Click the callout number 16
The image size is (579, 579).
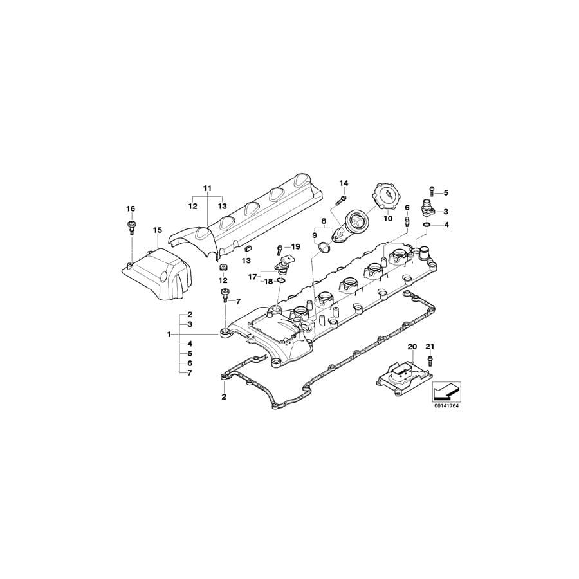coord(131,209)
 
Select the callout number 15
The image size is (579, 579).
coord(158,230)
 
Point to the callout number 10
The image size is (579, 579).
coord(387,219)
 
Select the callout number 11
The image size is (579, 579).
coord(207,188)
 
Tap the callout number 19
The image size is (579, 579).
coord(295,247)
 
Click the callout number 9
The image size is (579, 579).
coord(315,235)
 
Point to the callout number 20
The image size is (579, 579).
coord(412,347)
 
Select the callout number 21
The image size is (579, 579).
coord(430,347)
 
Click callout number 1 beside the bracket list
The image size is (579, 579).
coord(169,335)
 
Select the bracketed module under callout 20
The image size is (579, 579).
coord(401,375)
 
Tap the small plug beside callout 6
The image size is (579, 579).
coord(407,221)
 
